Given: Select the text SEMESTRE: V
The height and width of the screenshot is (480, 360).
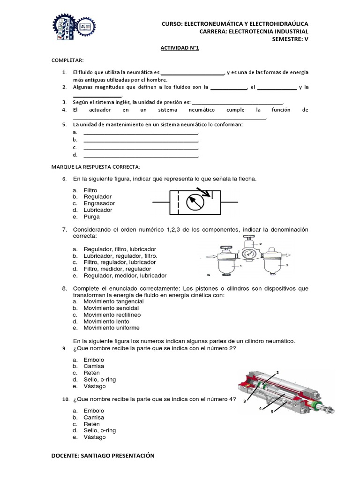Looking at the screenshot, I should point(290,38).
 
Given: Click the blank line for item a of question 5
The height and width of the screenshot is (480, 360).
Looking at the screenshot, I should point(141,133).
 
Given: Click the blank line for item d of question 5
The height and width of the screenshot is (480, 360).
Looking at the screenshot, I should point(141,155).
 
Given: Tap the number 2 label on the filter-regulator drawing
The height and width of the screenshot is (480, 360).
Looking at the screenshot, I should point(260,244).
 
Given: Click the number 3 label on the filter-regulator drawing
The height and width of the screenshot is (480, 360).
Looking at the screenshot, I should point(286,265).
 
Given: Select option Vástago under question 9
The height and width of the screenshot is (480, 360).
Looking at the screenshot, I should point(95,386).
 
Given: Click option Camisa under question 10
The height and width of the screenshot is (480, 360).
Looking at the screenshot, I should point(94,417).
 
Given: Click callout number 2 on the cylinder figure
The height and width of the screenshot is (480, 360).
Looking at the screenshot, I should point(277,372).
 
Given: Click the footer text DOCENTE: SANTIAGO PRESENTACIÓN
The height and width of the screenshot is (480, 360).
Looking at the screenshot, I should point(103,456).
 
